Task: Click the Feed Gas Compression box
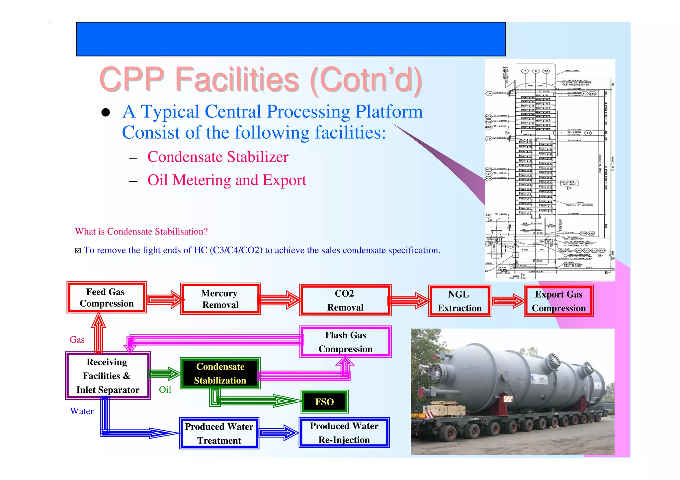click(106, 298)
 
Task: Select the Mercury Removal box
click(220, 299)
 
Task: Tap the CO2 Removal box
click(345, 300)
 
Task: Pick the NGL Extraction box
click(459, 301)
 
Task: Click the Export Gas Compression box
click(558, 301)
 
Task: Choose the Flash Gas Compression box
click(345, 342)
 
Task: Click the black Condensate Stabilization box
click(220, 373)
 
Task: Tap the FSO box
click(324, 402)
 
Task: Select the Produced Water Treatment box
click(219, 433)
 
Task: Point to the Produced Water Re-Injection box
click(344, 433)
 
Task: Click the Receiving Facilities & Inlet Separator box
click(108, 376)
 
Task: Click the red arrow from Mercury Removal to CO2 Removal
click(280, 300)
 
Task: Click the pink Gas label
click(77, 340)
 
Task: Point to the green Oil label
click(165, 390)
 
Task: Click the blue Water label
click(82, 411)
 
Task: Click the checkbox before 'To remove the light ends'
click(78, 250)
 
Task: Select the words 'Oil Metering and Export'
click(226, 180)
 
